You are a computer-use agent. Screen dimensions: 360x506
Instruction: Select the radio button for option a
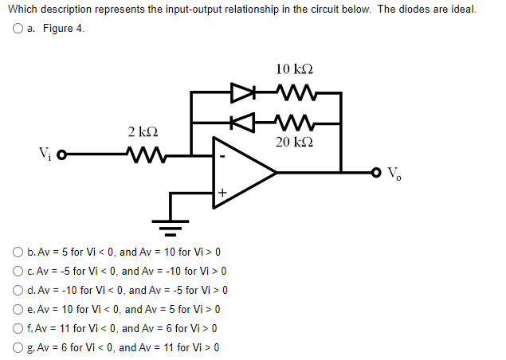click(17, 29)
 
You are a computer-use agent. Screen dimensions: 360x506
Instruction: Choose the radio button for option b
click(17, 252)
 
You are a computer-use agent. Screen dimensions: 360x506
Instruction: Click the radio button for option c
click(17, 271)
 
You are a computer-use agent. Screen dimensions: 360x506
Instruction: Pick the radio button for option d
click(17, 290)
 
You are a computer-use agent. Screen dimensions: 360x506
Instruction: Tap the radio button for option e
click(17, 309)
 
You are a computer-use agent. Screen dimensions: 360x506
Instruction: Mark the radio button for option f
click(17, 328)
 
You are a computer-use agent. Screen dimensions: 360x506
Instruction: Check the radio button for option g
click(17, 347)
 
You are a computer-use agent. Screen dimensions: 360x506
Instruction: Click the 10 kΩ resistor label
click(292, 70)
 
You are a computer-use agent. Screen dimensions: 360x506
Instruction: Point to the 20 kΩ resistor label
click(292, 142)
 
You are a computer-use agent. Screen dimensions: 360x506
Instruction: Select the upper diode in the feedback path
click(240, 93)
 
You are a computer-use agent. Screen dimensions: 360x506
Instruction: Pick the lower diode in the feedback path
click(240, 123)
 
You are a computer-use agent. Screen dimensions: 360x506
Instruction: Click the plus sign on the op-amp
click(223, 191)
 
